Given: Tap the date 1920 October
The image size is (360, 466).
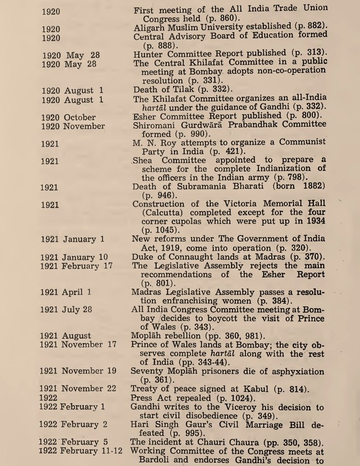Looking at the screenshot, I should pos(65,117).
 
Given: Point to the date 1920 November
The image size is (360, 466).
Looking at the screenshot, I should pos(73,126).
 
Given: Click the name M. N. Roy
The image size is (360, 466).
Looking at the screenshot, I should pos(153,142).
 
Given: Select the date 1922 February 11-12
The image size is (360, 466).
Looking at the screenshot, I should pos(81,451).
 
